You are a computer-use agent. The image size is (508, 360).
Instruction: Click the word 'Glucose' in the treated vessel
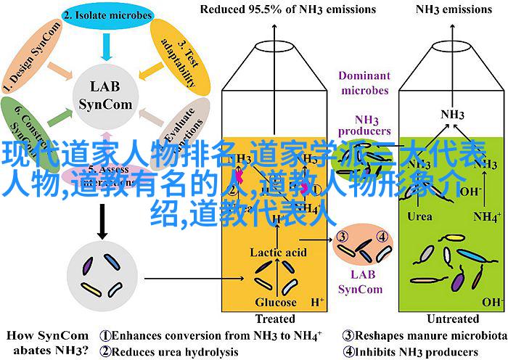point(276,302)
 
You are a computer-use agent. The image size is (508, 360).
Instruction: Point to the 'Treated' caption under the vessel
point(275,319)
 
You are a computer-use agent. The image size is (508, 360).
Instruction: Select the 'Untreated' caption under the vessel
point(453,319)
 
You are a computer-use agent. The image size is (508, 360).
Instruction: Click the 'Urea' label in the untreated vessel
point(420,216)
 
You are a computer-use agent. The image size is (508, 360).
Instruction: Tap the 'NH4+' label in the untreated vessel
point(486,216)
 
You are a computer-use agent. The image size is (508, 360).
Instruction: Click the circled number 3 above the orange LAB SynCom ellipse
point(344,236)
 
